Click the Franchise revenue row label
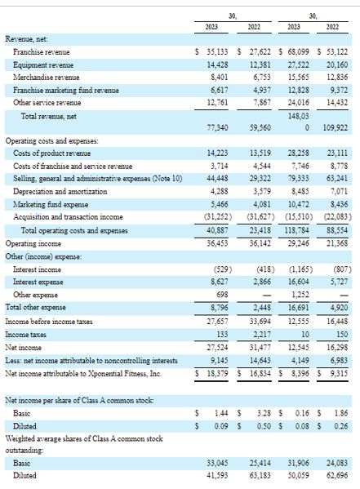coord(41,52)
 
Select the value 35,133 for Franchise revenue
coord(218,52)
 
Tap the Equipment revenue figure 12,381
coord(260,64)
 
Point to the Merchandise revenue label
coord(47,78)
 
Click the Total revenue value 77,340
coord(218,128)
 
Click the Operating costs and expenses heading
coord(51,141)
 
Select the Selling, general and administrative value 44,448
coord(218,179)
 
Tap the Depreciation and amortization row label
coord(60,192)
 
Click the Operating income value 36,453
coord(218,243)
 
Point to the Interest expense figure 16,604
coord(299,282)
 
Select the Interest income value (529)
coord(223,269)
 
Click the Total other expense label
coord(36,307)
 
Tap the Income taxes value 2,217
coord(262,335)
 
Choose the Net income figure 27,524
coord(218,348)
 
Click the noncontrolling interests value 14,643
coord(260,361)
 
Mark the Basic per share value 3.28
coord(264,413)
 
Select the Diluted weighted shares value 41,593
coord(218,476)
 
